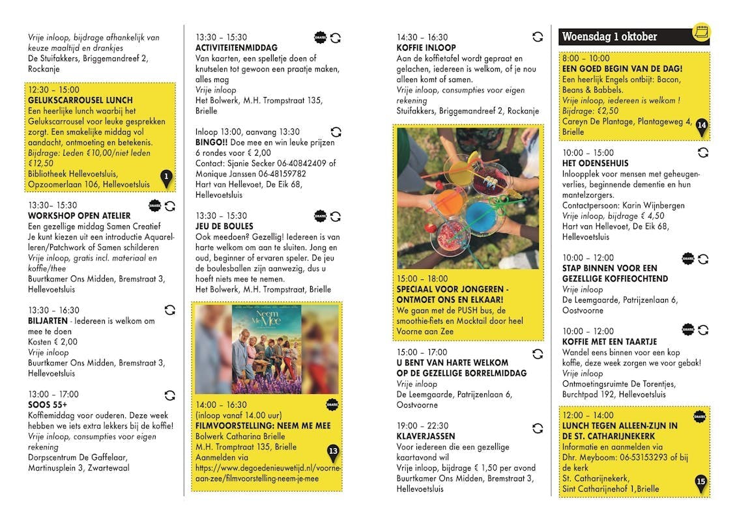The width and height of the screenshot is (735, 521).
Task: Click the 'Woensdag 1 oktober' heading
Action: [x=609, y=36]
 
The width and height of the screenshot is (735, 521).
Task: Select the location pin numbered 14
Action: [x=701, y=126]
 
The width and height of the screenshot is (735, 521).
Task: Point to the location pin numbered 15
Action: [x=701, y=483]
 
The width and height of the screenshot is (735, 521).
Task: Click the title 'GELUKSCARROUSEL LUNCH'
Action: [x=80, y=100]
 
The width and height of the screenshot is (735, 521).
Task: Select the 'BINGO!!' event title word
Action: [x=211, y=142]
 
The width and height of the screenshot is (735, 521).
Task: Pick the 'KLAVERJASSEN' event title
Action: [x=425, y=436]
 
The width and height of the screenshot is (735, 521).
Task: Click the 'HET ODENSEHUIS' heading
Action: [x=595, y=163]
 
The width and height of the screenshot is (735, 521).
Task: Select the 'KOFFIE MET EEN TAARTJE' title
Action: [x=609, y=341]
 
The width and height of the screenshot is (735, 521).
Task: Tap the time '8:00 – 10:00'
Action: [x=586, y=58]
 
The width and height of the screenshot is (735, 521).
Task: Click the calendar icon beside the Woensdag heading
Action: [x=701, y=32]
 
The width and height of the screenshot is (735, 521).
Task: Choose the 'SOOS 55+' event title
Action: [x=48, y=405]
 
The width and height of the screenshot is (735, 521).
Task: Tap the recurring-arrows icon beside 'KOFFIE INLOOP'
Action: [x=537, y=37]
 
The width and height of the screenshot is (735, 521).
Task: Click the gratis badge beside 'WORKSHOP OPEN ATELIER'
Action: [x=155, y=205]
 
